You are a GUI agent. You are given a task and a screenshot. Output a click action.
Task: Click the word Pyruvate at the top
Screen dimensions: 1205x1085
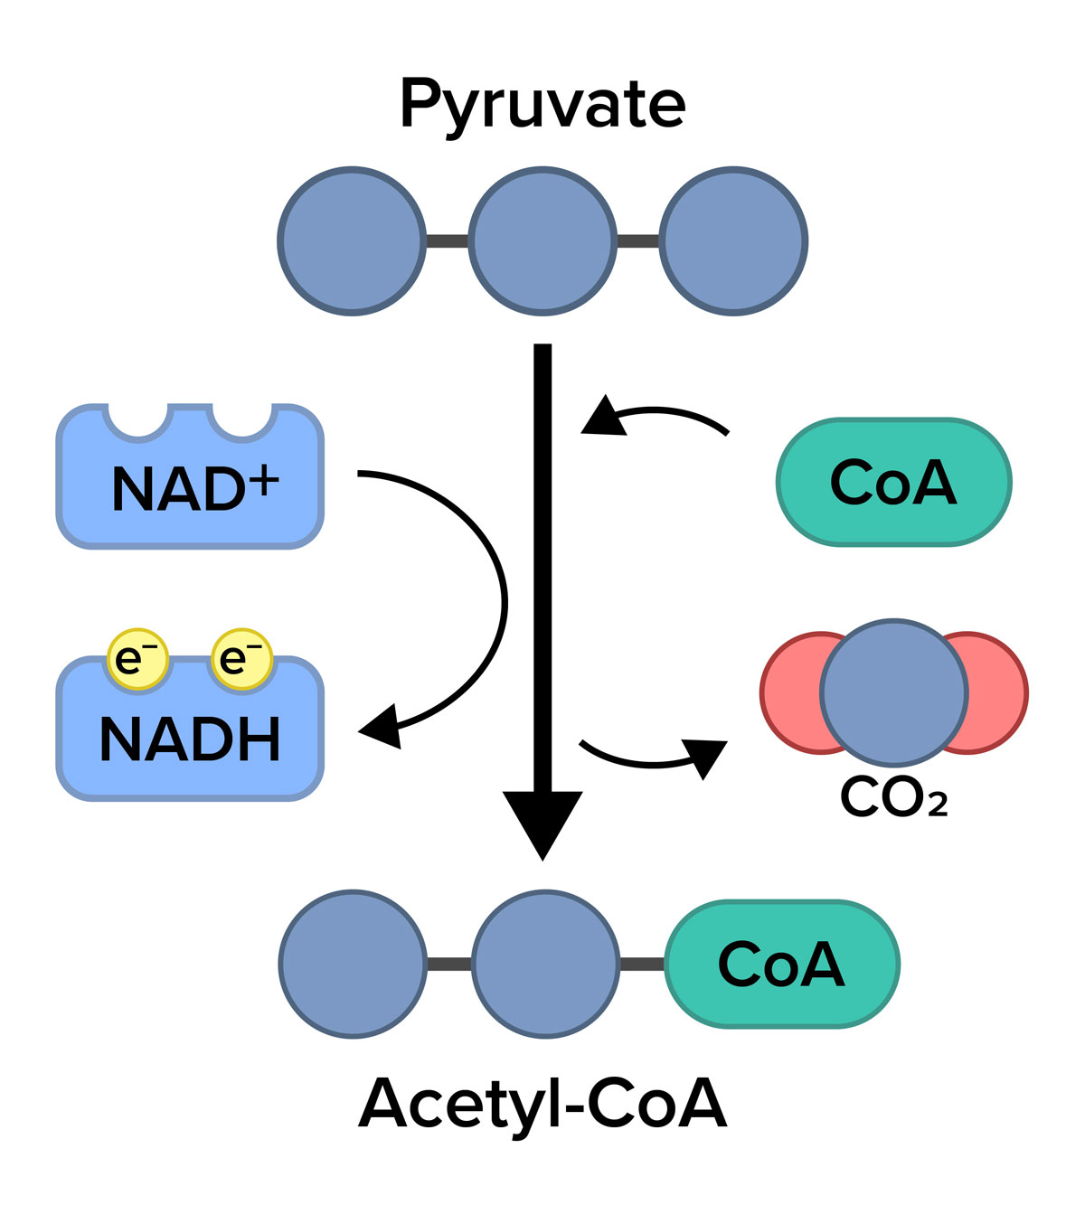[542, 106]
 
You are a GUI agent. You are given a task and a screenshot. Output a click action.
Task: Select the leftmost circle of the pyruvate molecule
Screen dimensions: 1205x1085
[352, 240]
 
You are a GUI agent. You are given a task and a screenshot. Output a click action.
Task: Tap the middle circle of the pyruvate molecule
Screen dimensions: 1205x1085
[542, 240]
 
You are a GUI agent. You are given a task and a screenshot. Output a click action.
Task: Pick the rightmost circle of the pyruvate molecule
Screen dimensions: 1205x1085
[732, 240]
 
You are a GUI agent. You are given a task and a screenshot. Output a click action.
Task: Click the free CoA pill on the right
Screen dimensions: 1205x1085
[893, 483]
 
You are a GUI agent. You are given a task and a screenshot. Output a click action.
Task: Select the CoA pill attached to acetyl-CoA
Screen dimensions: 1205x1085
[781, 964]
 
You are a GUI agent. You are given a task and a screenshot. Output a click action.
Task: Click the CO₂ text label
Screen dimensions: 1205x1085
[893, 797]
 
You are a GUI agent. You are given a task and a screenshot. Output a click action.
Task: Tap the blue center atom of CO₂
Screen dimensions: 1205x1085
[893, 692]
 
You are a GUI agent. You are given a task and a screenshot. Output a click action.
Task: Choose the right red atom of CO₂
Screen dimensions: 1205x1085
[999, 692]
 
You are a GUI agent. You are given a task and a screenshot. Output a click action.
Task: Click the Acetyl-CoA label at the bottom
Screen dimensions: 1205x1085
[542, 1103]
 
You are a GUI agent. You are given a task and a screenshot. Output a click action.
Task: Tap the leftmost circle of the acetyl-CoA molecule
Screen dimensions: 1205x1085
[352, 964]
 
